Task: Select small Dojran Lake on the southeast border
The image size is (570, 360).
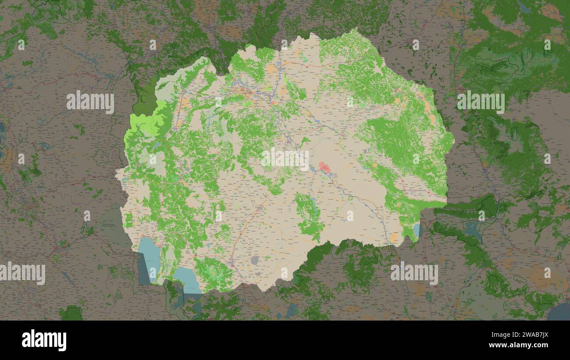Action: point(416,229)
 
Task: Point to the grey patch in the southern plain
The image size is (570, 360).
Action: point(254,260)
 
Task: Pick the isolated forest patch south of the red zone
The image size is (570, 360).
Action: point(309,215)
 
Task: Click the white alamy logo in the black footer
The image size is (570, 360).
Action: point(44,340)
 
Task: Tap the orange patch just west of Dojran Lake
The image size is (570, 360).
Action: point(394,237)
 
